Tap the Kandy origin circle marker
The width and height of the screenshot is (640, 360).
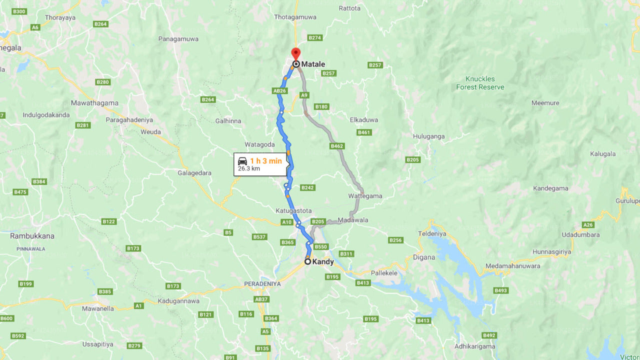coord(308,261)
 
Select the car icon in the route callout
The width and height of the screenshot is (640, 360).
coord(242,161)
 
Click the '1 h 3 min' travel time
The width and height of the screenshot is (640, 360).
coord(266,161)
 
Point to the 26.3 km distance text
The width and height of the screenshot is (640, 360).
coord(249,169)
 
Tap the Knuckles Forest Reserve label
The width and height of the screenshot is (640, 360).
coord(480,83)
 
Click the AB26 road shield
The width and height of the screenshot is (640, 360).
coord(279,91)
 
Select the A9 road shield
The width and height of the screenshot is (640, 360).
coord(304,95)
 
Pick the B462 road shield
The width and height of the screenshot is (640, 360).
coord(337,146)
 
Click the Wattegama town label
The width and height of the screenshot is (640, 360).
coord(365,196)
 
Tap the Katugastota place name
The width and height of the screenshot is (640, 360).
coord(293,210)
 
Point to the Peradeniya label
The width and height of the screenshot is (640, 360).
coord(262,283)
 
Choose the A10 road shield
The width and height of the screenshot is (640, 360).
coord(286,222)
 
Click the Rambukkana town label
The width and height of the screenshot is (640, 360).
coord(32,236)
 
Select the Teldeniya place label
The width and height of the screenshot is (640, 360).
coord(432,233)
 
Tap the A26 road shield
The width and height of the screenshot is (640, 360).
coord(588,225)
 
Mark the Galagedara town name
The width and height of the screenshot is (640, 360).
coord(194,173)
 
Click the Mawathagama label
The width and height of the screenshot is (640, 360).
coord(94,103)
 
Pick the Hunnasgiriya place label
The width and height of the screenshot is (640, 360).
coord(551,252)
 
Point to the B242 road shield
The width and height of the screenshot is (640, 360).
coord(307,187)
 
